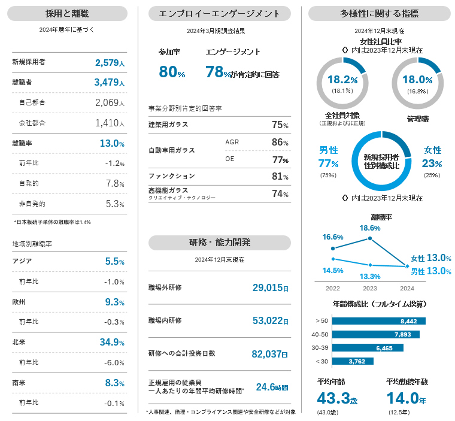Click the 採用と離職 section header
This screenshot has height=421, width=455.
69,13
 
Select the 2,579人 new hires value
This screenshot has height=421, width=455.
109,62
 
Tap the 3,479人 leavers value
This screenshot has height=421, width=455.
109,83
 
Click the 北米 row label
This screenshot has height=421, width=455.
19,343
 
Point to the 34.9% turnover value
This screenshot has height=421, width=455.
112,343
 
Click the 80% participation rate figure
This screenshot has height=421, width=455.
172,72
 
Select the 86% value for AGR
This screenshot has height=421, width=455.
280,143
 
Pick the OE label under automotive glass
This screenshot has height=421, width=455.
230,159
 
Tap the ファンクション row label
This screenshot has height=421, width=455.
172,176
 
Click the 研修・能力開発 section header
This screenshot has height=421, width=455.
219,242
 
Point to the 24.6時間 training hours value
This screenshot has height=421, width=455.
272,387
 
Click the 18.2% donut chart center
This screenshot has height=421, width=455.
342,80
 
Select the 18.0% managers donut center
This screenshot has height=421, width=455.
417,80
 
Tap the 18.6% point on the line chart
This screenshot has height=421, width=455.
370,238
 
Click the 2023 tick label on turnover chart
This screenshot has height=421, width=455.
370,288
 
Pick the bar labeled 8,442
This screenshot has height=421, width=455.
378,321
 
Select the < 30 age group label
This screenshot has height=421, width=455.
321,361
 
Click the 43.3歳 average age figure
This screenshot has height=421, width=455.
338,398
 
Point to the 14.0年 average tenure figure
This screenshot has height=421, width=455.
407,398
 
